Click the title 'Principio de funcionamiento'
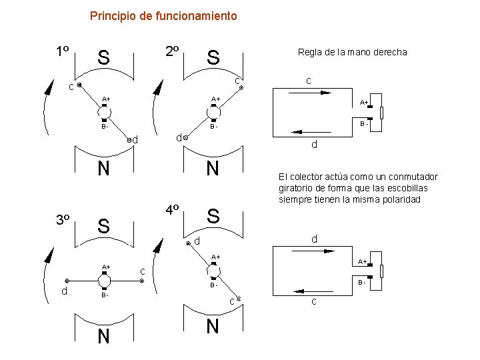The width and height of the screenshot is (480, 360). click(x=163, y=15)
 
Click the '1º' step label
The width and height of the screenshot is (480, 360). click(x=64, y=51)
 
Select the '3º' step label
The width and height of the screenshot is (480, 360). click(x=64, y=220)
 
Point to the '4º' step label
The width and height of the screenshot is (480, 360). click(x=172, y=209)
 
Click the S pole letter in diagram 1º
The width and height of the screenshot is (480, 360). click(x=103, y=58)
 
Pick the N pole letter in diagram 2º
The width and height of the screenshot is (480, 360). click(x=213, y=169)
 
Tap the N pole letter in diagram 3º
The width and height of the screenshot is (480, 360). click(x=103, y=337)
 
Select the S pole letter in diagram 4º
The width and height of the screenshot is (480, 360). click(x=213, y=216)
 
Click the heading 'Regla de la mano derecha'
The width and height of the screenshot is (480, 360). click(x=352, y=52)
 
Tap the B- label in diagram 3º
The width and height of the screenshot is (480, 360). click(x=105, y=295)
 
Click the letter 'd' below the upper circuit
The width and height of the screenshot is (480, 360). click(x=314, y=146)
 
